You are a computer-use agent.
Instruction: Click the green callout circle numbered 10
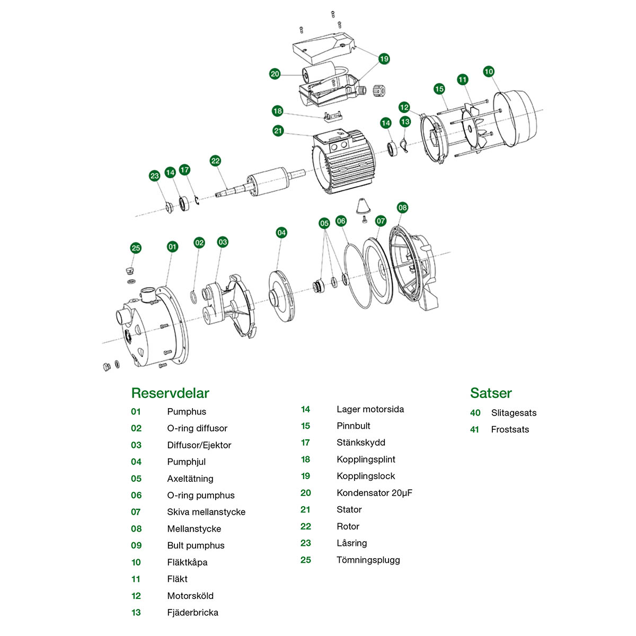tap(489, 72)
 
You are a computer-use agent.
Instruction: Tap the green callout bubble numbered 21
tap(278, 131)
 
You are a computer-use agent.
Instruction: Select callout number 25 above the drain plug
tap(136, 248)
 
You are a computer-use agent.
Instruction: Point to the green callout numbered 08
tap(402, 207)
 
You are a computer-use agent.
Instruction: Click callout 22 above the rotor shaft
tap(215, 161)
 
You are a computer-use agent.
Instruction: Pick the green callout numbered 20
tap(275, 74)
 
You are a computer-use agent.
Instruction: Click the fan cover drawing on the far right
tap(517, 119)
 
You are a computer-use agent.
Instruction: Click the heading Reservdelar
tap(170, 393)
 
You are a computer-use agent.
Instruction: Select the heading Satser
tap(491, 393)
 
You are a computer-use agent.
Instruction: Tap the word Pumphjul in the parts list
tap(187, 462)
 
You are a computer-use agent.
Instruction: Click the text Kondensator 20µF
tap(374, 493)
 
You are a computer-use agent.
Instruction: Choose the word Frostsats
tap(510, 429)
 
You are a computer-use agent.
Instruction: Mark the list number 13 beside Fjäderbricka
tap(136, 613)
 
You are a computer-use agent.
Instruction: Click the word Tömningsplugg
tap(368, 560)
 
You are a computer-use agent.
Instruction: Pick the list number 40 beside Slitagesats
tap(475, 413)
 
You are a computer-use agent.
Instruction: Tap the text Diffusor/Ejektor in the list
tap(199, 445)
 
